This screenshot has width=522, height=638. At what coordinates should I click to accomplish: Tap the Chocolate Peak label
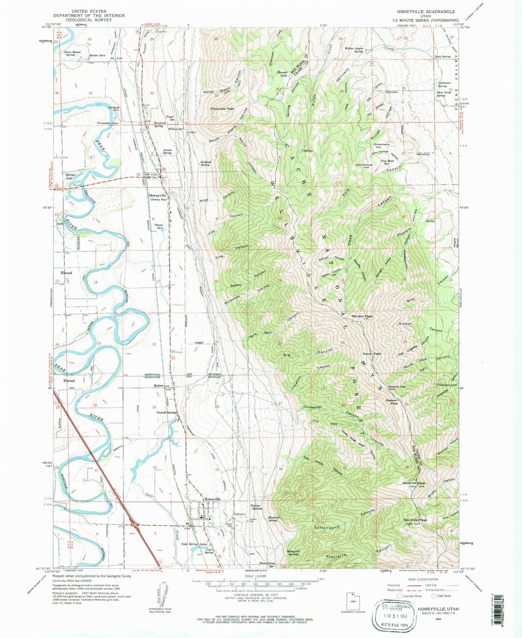(x=222, y=109)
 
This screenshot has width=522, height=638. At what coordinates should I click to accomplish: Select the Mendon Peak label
(x=362, y=316)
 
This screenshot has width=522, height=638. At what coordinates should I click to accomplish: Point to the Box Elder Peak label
(x=415, y=520)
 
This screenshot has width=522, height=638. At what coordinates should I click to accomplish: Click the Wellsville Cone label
(x=413, y=483)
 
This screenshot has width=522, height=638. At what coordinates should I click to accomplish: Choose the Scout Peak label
(x=372, y=354)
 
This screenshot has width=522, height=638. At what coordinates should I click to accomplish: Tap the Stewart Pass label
(x=391, y=402)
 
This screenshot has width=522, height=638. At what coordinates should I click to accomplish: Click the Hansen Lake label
(x=282, y=73)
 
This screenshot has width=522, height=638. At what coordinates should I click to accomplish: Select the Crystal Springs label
(x=166, y=412)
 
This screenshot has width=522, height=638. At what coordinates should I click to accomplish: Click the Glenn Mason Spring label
(x=72, y=53)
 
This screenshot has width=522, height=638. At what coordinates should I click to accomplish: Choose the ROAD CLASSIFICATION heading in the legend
(x=420, y=579)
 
